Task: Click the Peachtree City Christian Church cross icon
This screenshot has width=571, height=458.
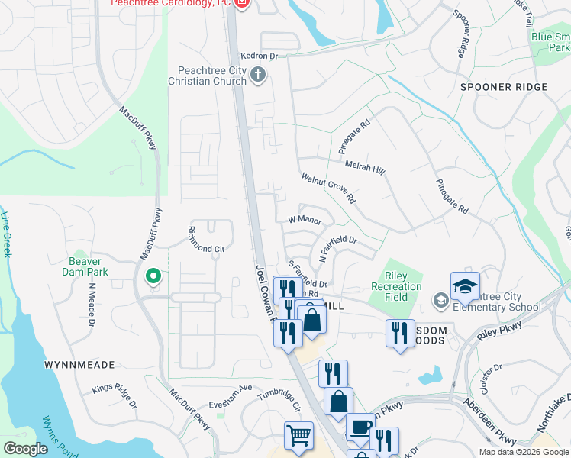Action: [x=258, y=75]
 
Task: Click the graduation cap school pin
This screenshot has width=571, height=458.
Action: [x=464, y=285]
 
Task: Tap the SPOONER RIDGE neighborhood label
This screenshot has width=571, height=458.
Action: [x=504, y=87]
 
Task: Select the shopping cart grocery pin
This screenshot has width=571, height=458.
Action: [x=298, y=435]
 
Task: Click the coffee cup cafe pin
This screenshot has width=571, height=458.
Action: [x=360, y=427]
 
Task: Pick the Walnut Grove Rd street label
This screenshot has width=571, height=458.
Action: [x=328, y=188]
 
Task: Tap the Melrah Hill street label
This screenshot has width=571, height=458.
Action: [x=365, y=166]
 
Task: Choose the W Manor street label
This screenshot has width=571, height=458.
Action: [x=303, y=220]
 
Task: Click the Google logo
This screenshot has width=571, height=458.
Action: [x=26, y=448]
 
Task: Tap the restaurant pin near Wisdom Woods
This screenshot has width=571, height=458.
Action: [x=400, y=334]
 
